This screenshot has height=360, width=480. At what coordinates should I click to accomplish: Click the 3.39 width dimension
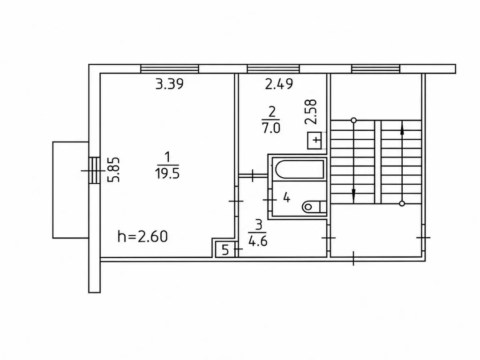170,83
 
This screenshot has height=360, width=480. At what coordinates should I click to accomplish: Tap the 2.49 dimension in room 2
279,83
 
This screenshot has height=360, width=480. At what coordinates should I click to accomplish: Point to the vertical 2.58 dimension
311,112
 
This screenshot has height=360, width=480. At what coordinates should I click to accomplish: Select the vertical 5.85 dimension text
113,170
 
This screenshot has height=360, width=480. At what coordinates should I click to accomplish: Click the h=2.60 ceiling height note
142,236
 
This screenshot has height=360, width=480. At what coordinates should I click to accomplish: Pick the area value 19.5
167,173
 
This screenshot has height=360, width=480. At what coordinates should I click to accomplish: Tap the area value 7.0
271,127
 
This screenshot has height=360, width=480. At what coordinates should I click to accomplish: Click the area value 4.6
258,241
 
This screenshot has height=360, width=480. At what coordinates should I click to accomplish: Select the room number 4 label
286,198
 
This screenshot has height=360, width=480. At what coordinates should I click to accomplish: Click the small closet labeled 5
225,249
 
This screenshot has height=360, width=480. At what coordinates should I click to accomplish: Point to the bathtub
300,169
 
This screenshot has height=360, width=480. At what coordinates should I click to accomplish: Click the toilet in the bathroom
314,207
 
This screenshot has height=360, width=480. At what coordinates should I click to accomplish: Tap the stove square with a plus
317,140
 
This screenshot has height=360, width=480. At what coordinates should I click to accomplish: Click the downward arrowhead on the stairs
353,194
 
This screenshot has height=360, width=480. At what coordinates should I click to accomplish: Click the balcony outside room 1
71,190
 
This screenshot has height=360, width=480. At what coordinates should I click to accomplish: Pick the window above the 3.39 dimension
170,68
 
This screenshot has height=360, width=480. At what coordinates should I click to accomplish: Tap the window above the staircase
376,68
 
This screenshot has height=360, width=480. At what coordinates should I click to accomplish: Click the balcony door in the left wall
94,170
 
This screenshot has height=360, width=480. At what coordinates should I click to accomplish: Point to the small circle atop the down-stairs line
353,120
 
